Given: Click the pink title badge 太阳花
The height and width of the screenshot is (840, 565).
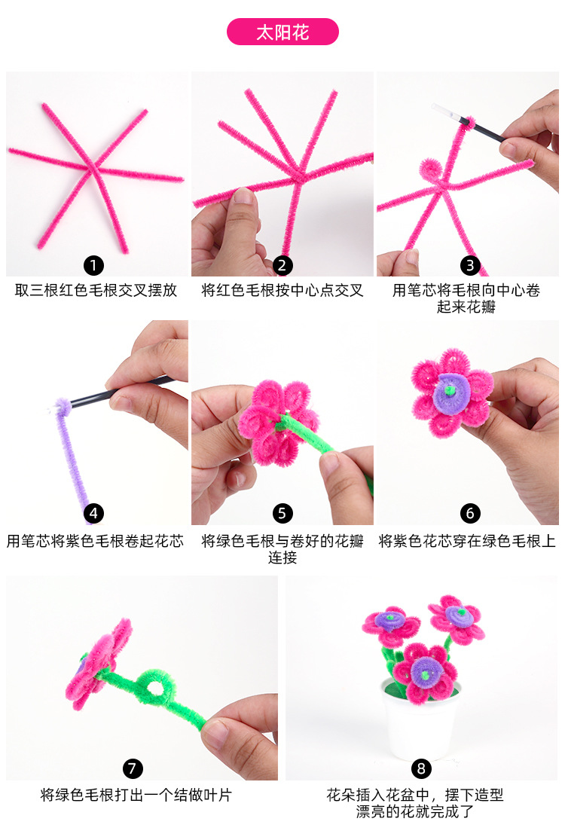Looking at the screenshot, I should tap(282, 32).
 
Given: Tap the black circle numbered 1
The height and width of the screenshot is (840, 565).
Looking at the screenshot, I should tap(93, 264).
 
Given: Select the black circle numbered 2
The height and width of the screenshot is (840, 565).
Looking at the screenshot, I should tap(282, 264).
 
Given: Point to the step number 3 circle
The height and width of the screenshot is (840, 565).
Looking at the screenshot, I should tap(470, 264).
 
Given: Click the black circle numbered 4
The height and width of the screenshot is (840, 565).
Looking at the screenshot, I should tap(93, 513).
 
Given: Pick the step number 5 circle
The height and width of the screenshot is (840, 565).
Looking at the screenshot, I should tap(282, 513).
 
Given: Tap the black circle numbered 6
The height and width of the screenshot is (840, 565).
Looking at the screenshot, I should tap(470, 513).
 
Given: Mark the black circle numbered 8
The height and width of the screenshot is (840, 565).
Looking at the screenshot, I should tap(421, 768).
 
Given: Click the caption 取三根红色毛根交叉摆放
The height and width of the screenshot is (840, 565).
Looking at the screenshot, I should tap(96, 290).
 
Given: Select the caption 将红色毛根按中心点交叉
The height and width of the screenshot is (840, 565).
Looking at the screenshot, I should tap(282, 290).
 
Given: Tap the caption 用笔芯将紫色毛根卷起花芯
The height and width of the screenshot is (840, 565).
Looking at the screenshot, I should tap(95, 541).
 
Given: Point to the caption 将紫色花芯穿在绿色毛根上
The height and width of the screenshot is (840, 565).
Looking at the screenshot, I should tap(467, 541).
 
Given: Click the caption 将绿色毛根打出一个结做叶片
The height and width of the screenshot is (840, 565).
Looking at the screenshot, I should tap(136, 795).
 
